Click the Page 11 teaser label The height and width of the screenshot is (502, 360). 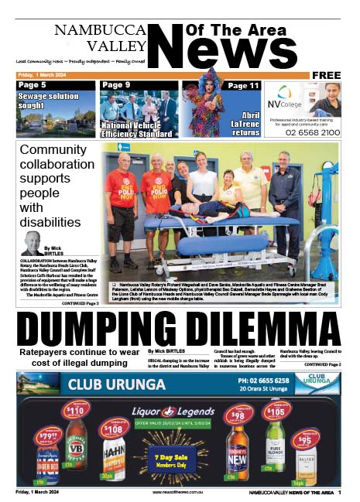[243, 85]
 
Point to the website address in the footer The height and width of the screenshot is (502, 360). [179, 492]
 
